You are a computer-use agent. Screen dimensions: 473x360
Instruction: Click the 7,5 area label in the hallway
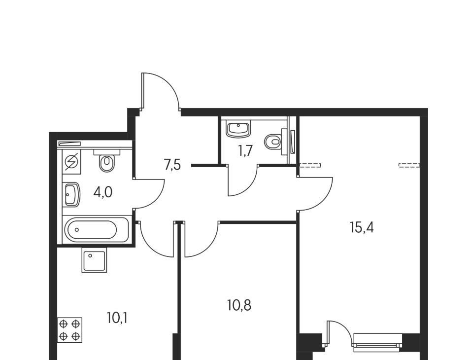pos(172,165)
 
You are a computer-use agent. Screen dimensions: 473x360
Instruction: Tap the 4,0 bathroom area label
pos(103,192)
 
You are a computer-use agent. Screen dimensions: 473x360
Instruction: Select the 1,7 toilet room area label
pos(245,151)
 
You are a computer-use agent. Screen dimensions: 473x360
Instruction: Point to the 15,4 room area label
pos(362,227)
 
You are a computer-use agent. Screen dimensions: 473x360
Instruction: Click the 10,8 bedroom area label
pos(239,305)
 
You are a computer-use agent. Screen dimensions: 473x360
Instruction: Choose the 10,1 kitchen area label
pos(117,318)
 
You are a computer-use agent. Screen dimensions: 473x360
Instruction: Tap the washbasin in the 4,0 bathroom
pos(72,195)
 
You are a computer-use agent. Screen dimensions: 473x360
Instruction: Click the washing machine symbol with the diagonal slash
pos(71,162)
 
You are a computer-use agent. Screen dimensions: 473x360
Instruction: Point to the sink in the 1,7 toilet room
pos(238,129)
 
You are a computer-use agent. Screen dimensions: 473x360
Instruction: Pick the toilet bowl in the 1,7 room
pos(275,142)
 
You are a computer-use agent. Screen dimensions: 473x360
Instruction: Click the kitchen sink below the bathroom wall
pos(94,260)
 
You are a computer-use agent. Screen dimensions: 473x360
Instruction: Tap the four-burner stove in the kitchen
pos(69,330)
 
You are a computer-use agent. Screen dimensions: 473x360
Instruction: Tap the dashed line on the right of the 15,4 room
pos(409,165)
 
